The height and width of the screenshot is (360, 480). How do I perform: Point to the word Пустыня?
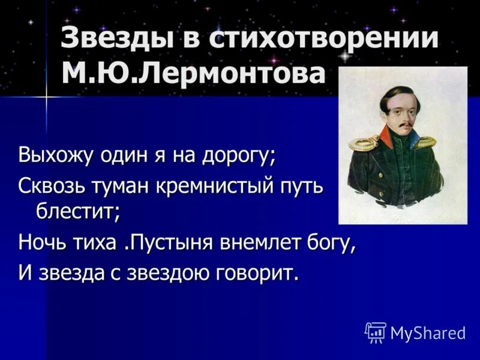162,243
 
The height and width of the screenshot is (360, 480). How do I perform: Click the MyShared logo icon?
375,332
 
